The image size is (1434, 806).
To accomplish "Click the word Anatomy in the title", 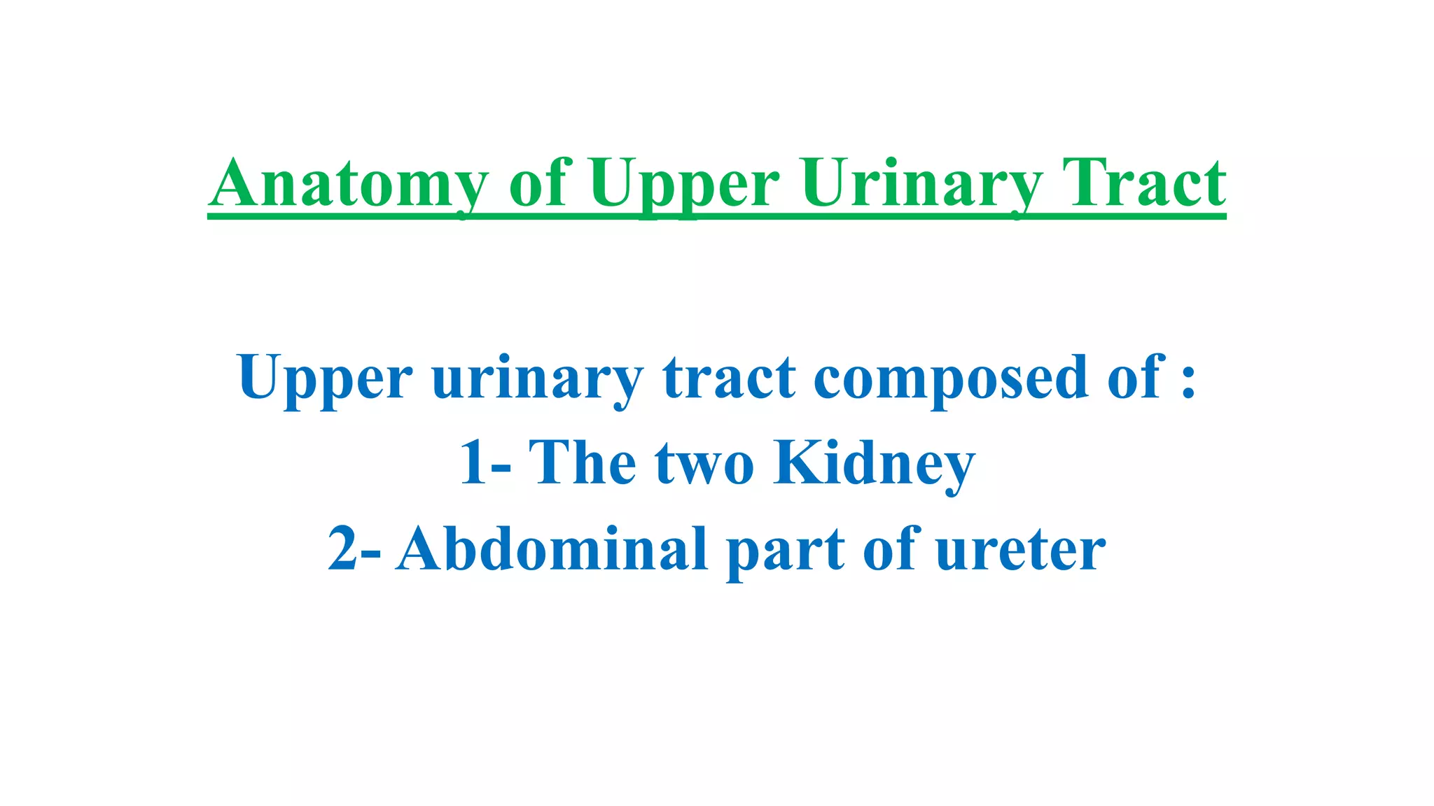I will (348, 183).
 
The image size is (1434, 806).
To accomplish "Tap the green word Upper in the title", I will (683, 183).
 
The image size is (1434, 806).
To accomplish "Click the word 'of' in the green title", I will (541, 183).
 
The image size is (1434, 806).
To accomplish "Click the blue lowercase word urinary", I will (537, 378).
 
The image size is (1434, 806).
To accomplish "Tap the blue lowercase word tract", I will (729, 378).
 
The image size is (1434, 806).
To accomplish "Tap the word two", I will (704, 462).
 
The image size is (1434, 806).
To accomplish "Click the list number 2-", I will (354, 549).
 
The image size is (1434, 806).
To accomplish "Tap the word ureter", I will (1020, 549).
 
